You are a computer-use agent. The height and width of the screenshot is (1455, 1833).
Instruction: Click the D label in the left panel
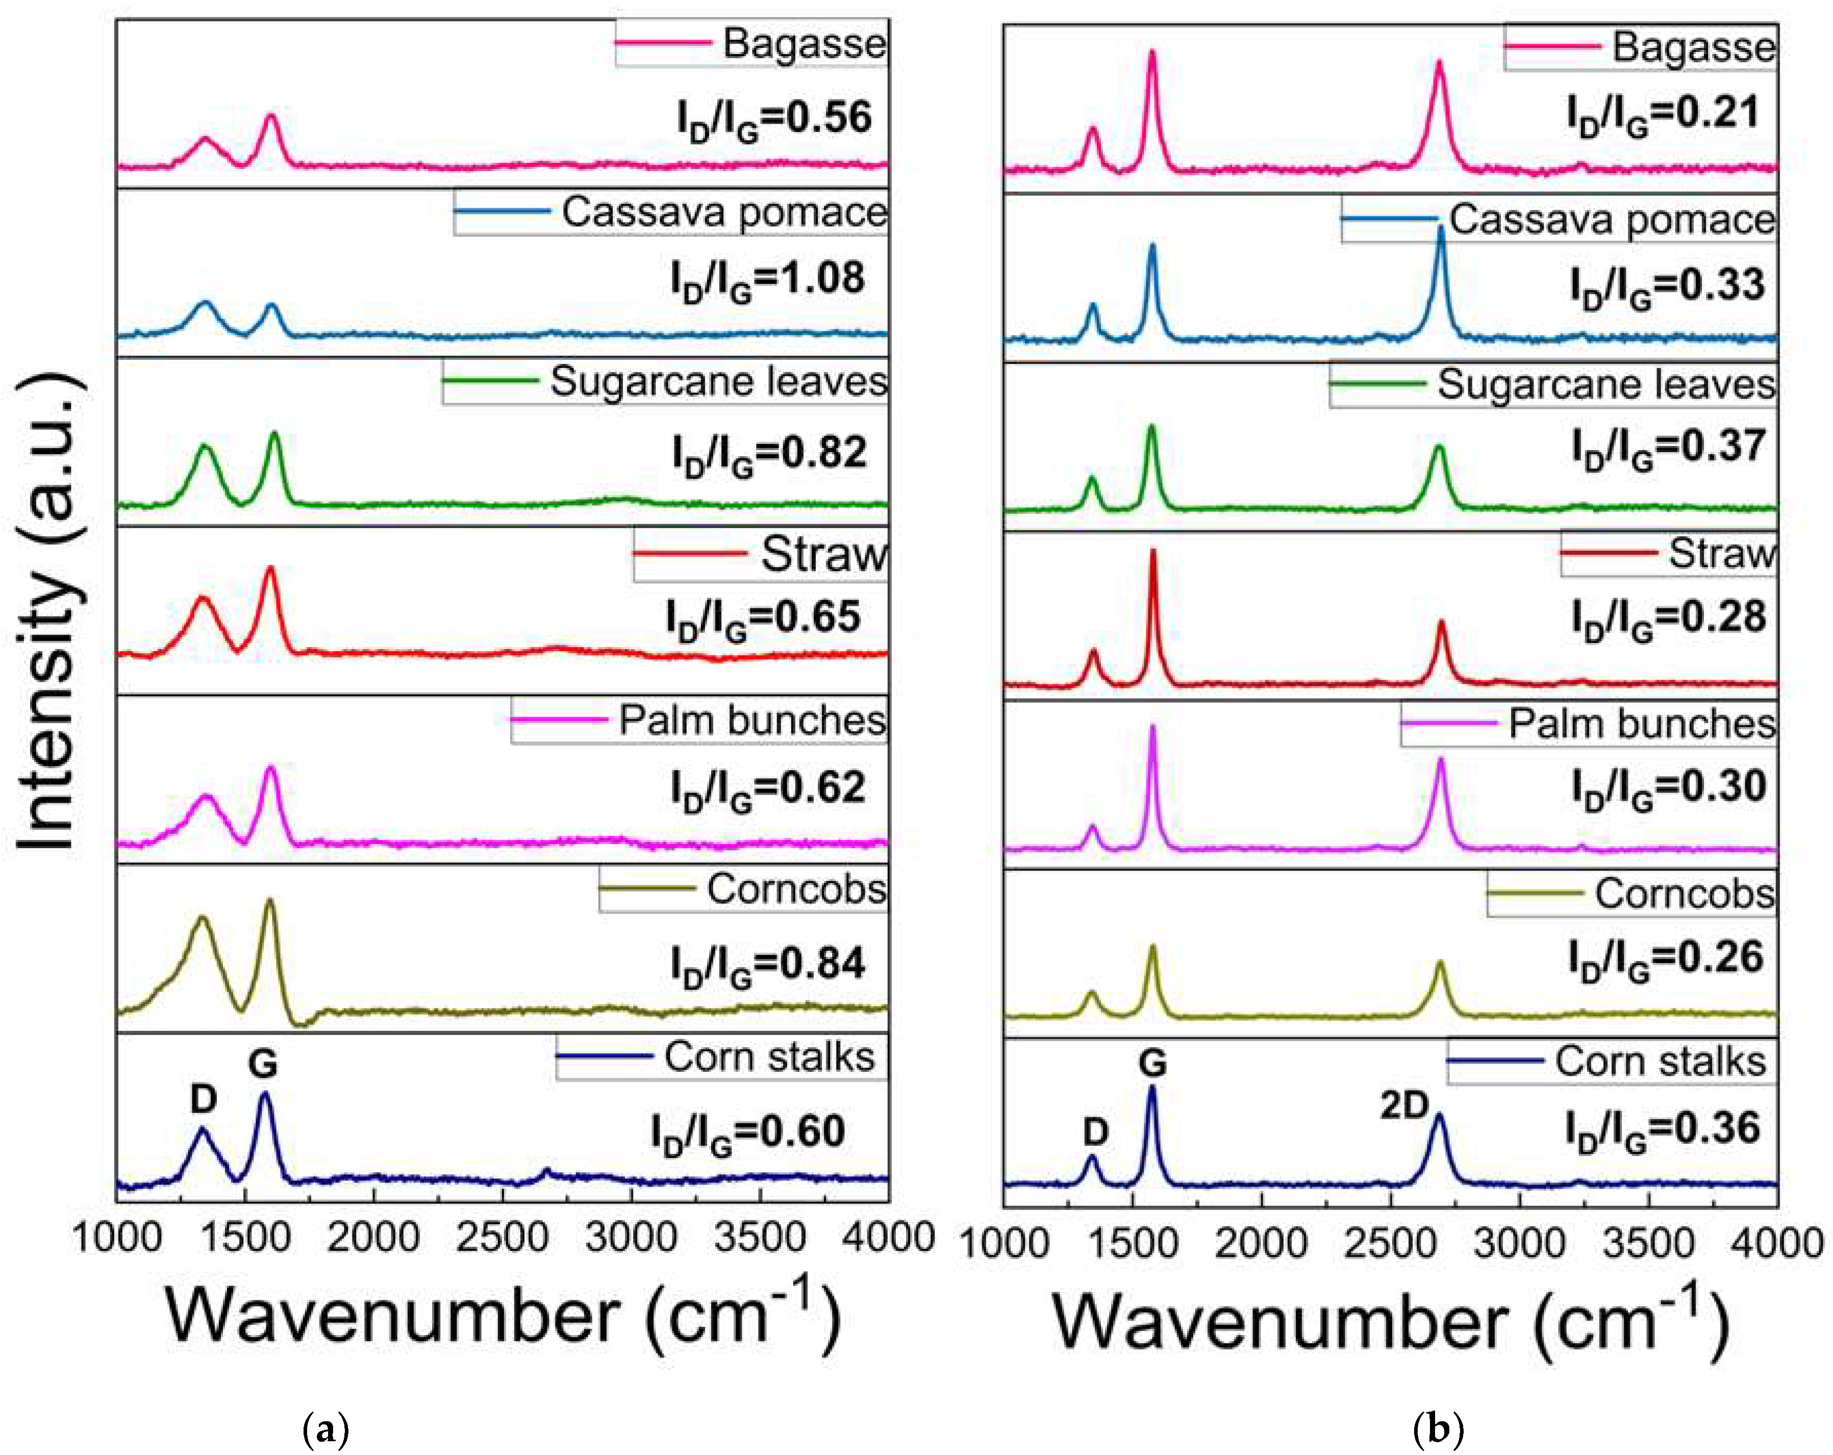(203, 1099)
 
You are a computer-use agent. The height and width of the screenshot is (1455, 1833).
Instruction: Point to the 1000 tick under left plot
(116, 1237)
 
